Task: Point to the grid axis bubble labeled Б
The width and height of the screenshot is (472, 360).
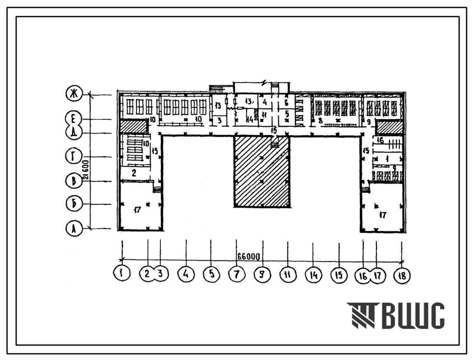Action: click(x=74, y=204)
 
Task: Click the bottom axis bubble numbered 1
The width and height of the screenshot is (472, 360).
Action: click(x=123, y=274)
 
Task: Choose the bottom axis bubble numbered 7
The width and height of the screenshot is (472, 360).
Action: click(x=236, y=274)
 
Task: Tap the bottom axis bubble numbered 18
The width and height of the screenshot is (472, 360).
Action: click(x=402, y=274)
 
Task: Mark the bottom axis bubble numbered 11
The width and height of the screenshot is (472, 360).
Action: click(x=287, y=274)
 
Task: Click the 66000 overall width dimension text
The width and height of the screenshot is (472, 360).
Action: click(x=249, y=257)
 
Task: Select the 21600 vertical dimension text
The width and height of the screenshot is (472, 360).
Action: click(x=86, y=170)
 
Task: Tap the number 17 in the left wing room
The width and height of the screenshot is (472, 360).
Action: click(x=137, y=210)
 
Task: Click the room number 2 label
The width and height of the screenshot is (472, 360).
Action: click(x=134, y=173)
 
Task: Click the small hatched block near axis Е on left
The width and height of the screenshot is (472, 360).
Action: click(x=133, y=126)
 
